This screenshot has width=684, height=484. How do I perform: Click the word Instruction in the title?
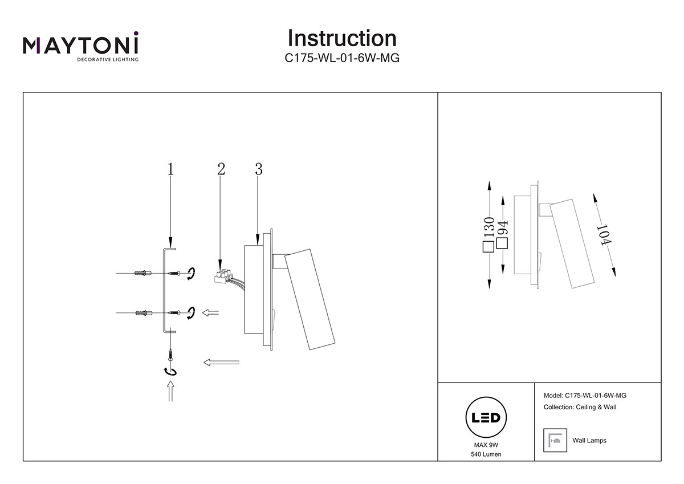coord(342,38)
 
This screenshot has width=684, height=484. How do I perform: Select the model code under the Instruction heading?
coord(342,58)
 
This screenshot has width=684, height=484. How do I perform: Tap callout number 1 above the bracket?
coord(170,169)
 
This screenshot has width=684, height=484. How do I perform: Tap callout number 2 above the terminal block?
coord(221,169)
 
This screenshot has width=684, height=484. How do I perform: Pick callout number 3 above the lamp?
coord(259,169)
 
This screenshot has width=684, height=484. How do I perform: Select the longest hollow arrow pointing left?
coord(221,362)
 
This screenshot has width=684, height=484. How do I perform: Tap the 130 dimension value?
coord(488,228)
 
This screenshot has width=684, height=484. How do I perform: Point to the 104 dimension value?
coord(603,235)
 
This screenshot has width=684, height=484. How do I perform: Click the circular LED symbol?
coord(486,417)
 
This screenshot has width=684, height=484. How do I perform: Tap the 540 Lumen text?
coord(486,454)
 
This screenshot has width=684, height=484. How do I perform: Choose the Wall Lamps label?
coord(589,441)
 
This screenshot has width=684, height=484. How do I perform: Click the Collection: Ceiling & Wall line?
coord(580,407)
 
